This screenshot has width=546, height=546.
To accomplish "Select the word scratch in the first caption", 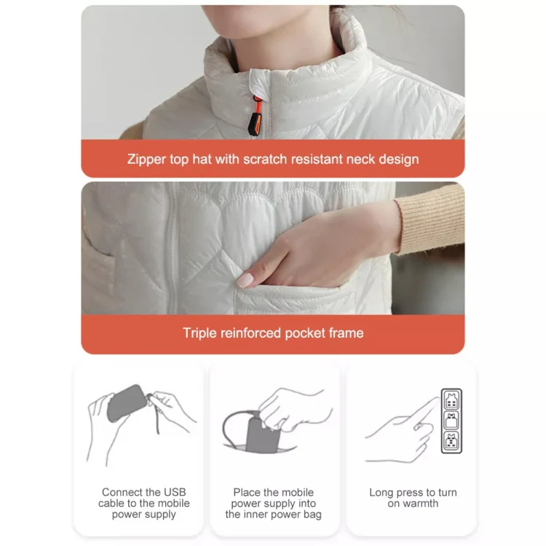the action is point(265,159).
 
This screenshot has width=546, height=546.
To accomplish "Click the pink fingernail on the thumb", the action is point(245,280).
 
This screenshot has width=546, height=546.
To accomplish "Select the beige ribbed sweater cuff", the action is point(430,219).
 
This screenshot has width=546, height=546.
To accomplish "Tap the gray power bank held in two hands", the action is point(127,403).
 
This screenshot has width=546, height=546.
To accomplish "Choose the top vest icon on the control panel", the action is point(451,400).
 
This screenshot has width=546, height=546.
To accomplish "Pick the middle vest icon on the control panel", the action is point(451,421).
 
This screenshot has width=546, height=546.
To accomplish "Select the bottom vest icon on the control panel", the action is point(451,442).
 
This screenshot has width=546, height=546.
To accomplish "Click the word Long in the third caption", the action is point(381,493).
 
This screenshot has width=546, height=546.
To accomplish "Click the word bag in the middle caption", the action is point(313,515).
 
